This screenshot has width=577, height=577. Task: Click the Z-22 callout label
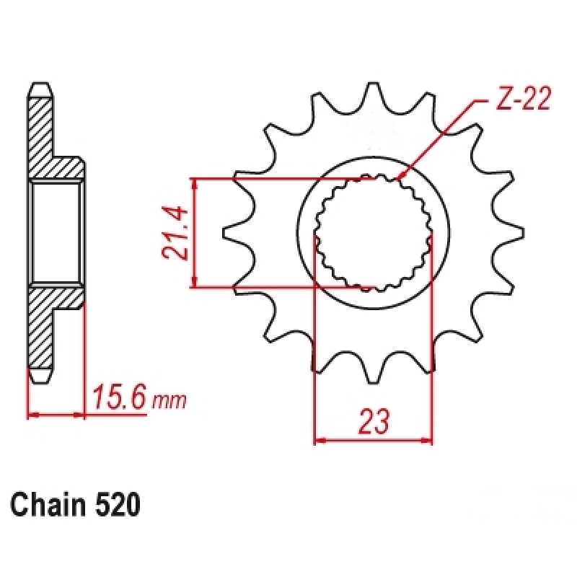pos(522,99)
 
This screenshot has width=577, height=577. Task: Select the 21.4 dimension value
pos(175,233)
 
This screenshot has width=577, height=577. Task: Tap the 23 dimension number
pos(373,421)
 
